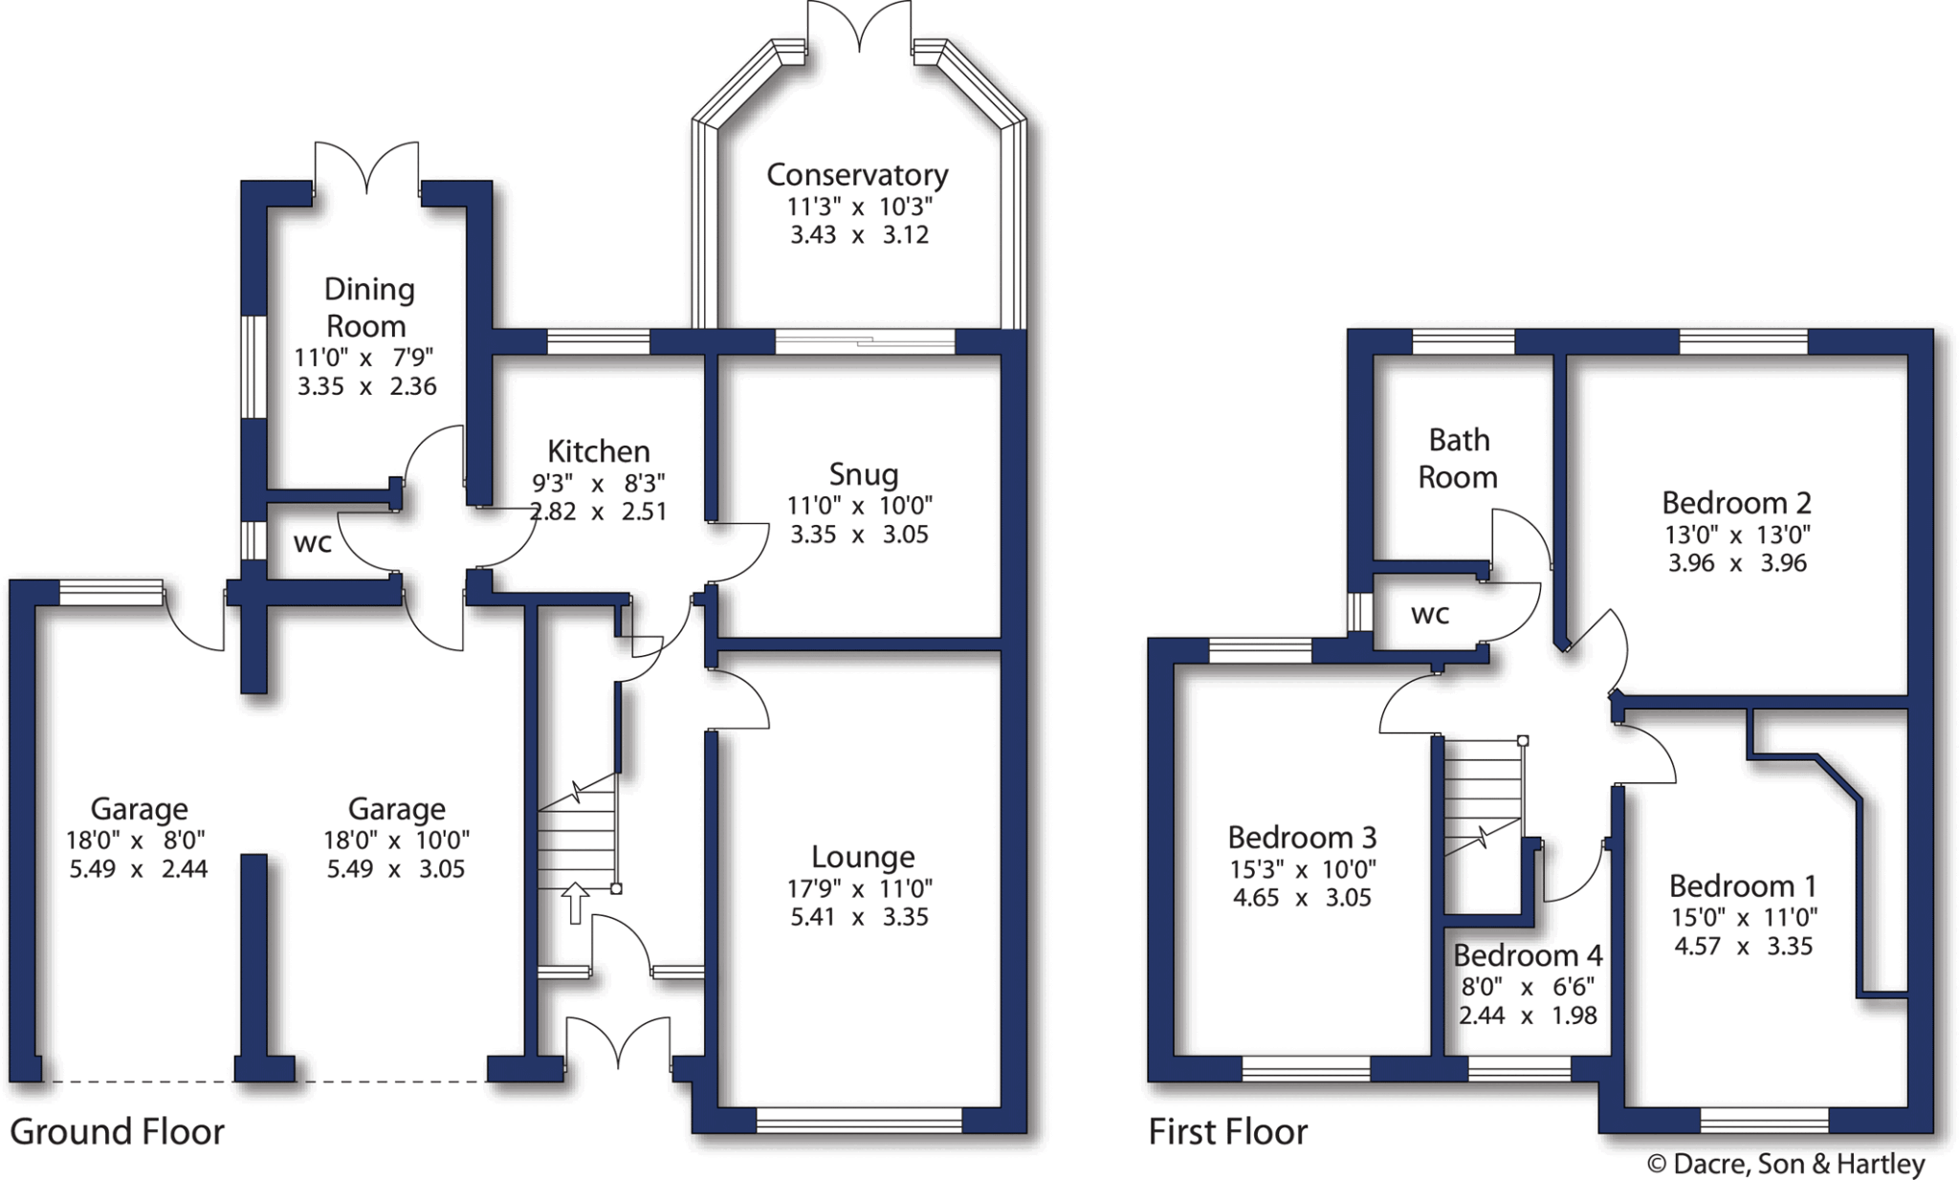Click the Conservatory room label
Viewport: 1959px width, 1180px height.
[x=857, y=175]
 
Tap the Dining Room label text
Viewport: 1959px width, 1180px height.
[x=368, y=307]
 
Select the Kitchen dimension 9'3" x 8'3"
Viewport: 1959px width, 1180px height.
[x=598, y=483]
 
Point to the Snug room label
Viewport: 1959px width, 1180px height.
[x=863, y=474]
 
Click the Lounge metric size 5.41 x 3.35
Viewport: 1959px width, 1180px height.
[x=858, y=917]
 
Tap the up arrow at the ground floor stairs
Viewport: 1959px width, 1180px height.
[x=574, y=903]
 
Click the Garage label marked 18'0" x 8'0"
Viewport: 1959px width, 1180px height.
[x=139, y=809]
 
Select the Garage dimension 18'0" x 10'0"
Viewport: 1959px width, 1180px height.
[x=396, y=841]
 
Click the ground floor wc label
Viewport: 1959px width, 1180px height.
[x=312, y=542]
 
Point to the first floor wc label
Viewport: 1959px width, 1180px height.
[x=1430, y=614]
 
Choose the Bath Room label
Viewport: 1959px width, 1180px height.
[x=1458, y=458]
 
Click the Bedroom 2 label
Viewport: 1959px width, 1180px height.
[x=1736, y=503]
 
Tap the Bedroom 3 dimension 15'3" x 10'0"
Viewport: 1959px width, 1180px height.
[x=1302, y=869]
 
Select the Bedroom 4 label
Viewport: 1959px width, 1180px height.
[x=1527, y=955]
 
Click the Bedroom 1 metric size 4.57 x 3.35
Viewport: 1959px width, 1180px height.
[x=1743, y=947]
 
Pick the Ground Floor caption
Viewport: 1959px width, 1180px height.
[x=117, y=1132]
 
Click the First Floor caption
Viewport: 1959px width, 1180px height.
[x=1227, y=1132]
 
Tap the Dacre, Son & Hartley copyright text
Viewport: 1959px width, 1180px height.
[x=1785, y=1164]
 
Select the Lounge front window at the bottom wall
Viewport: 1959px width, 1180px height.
[x=858, y=1120]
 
